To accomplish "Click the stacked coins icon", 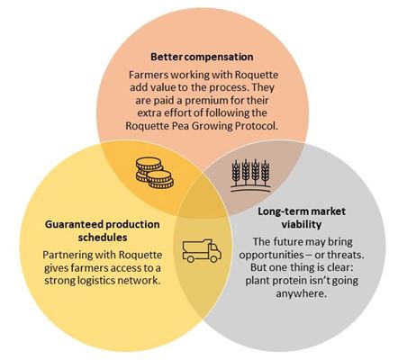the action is [155, 173].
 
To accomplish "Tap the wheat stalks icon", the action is [250, 175].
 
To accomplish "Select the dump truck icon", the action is [202, 251].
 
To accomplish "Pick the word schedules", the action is [103, 238].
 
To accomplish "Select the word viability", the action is [302, 224].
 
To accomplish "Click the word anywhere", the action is [302, 293].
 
